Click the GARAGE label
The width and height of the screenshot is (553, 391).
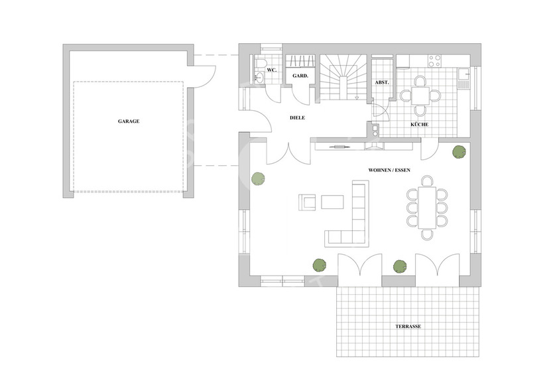pos(129,121)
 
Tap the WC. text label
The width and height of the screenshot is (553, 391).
pos(271,69)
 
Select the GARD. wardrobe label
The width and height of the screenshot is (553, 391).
pos(300,76)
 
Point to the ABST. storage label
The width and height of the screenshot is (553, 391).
pos(382,82)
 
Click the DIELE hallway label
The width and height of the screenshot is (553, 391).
pos(298,117)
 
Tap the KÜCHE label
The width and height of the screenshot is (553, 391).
pos(418,124)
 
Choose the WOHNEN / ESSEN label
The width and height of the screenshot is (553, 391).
pos(389,170)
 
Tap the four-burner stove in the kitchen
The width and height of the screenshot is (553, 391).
pos(435,61)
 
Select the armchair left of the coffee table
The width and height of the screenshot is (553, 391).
pos(307,202)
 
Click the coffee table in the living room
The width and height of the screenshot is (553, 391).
pos(333,202)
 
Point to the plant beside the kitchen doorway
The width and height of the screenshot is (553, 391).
pos(458,152)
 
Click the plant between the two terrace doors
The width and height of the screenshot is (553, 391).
pos(399,266)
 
